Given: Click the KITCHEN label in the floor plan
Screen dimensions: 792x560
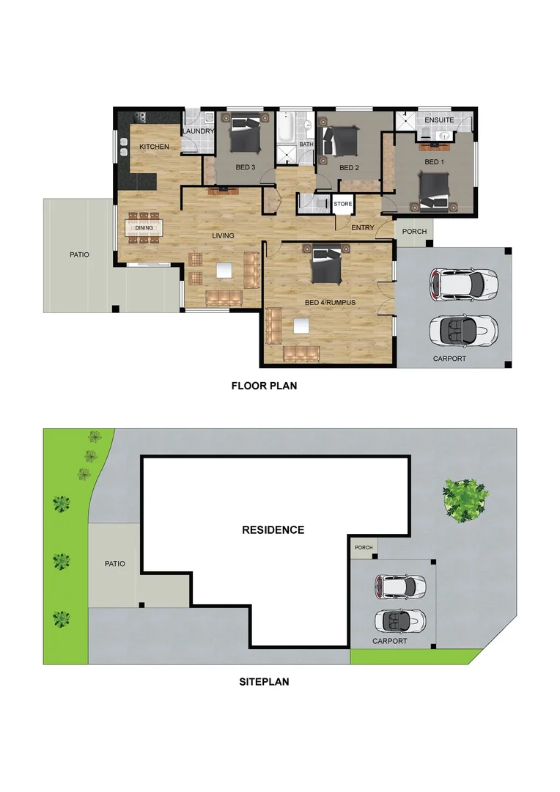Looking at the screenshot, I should click(154, 147).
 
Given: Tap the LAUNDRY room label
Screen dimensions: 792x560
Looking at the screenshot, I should click(197, 132).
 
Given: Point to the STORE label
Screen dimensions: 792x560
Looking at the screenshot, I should click(342, 204).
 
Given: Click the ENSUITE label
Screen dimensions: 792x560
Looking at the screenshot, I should click(438, 120).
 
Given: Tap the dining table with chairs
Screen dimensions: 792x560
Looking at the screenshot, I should click(144, 227).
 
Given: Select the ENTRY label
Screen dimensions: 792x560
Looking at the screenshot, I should click(362, 227).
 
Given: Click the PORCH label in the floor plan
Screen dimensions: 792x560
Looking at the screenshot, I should click(414, 232).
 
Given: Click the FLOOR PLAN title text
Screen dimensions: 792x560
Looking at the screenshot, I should click(264, 385).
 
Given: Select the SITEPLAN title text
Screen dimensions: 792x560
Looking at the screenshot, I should click(264, 681).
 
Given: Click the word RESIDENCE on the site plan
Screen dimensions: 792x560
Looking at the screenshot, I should click(273, 529).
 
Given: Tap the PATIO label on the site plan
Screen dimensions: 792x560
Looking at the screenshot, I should click(114, 564).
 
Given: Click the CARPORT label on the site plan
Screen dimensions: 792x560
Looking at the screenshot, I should click(389, 641).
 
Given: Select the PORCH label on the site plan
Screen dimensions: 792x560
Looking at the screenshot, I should click(363, 547).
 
